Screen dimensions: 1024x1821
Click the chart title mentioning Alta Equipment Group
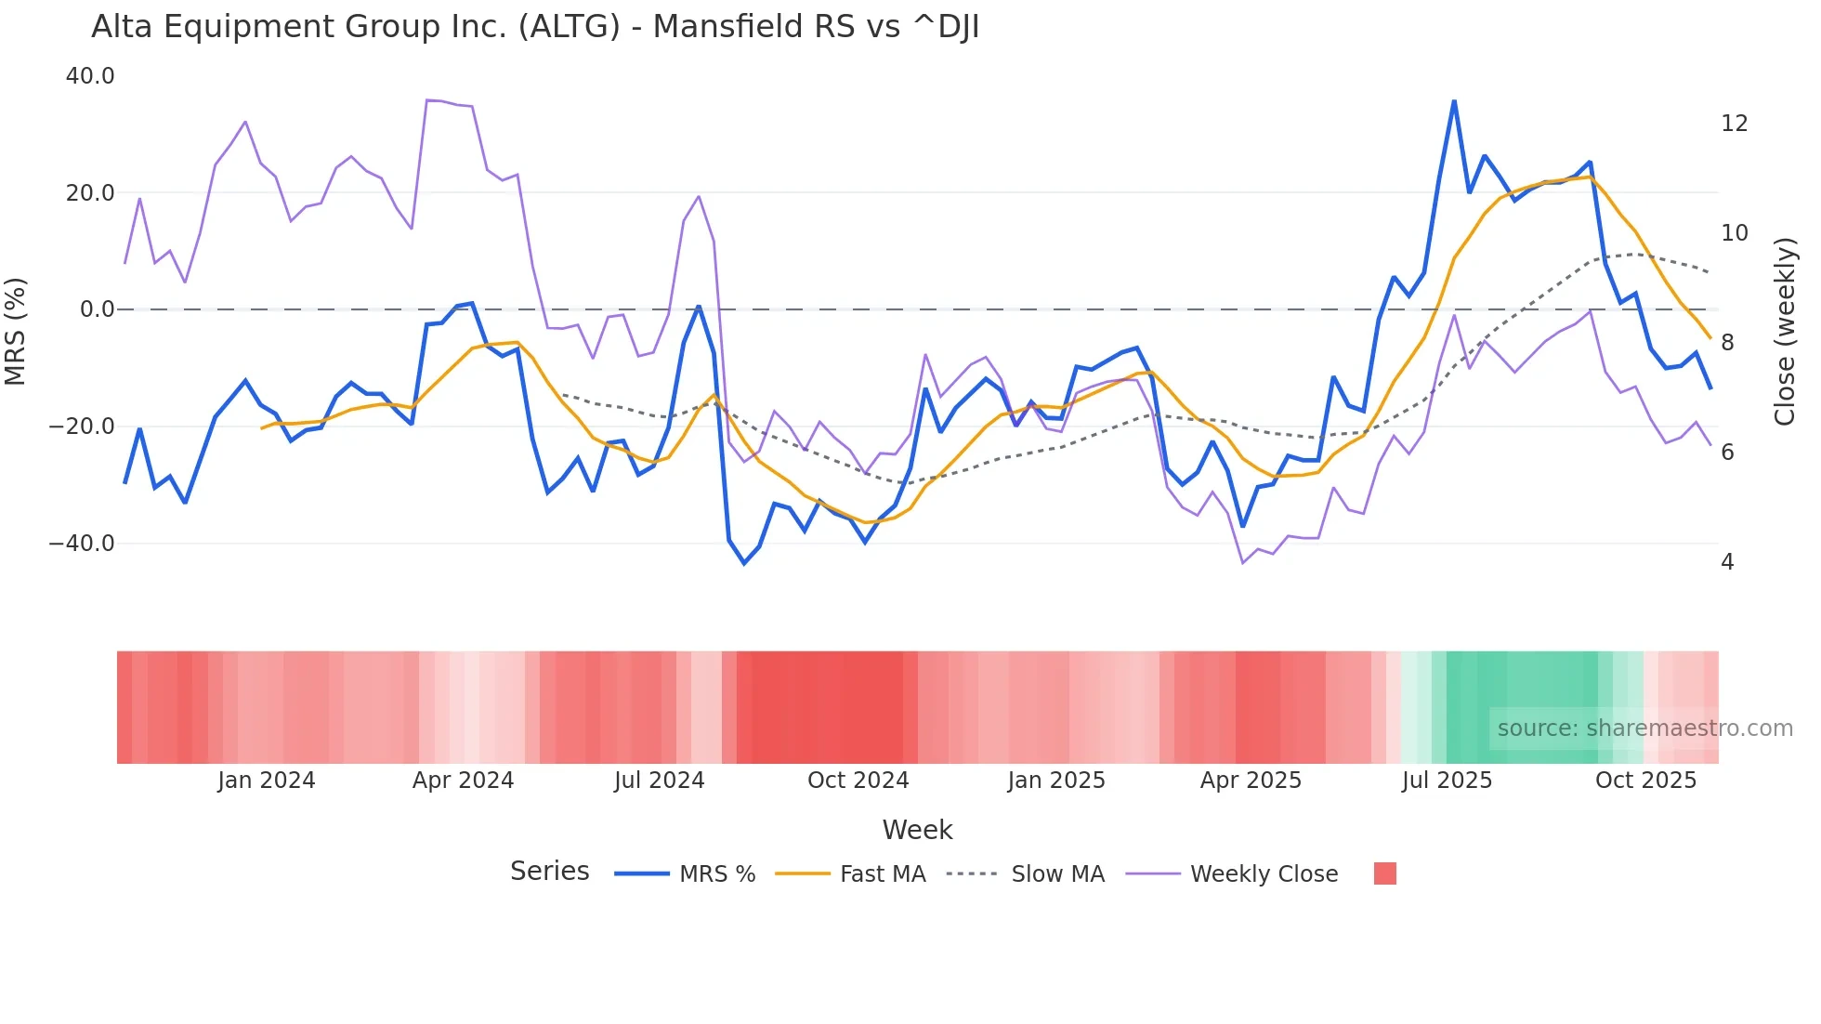click(535, 27)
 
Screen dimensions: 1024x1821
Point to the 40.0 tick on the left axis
click(90, 76)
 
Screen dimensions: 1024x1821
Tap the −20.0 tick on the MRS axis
click(82, 427)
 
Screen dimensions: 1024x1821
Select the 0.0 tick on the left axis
click(97, 309)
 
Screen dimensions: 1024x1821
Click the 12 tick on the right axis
click(1734, 124)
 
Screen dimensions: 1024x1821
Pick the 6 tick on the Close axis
click(1727, 453)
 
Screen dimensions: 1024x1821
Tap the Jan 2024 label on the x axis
click(267, 781)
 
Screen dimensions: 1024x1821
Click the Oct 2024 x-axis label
click(858, 781)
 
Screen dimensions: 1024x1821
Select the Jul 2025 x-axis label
click(1447, 781)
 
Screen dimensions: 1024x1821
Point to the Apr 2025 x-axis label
click(1251, 781)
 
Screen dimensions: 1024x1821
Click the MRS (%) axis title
click(16, 332)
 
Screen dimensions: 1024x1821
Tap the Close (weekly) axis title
click(1784, 332)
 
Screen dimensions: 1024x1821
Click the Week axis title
click(917, 830)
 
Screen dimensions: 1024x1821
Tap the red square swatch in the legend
click(1384, 873)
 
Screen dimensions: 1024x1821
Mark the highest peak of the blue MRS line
click(1454, 101)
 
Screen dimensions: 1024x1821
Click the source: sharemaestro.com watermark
click(1644, 729)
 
